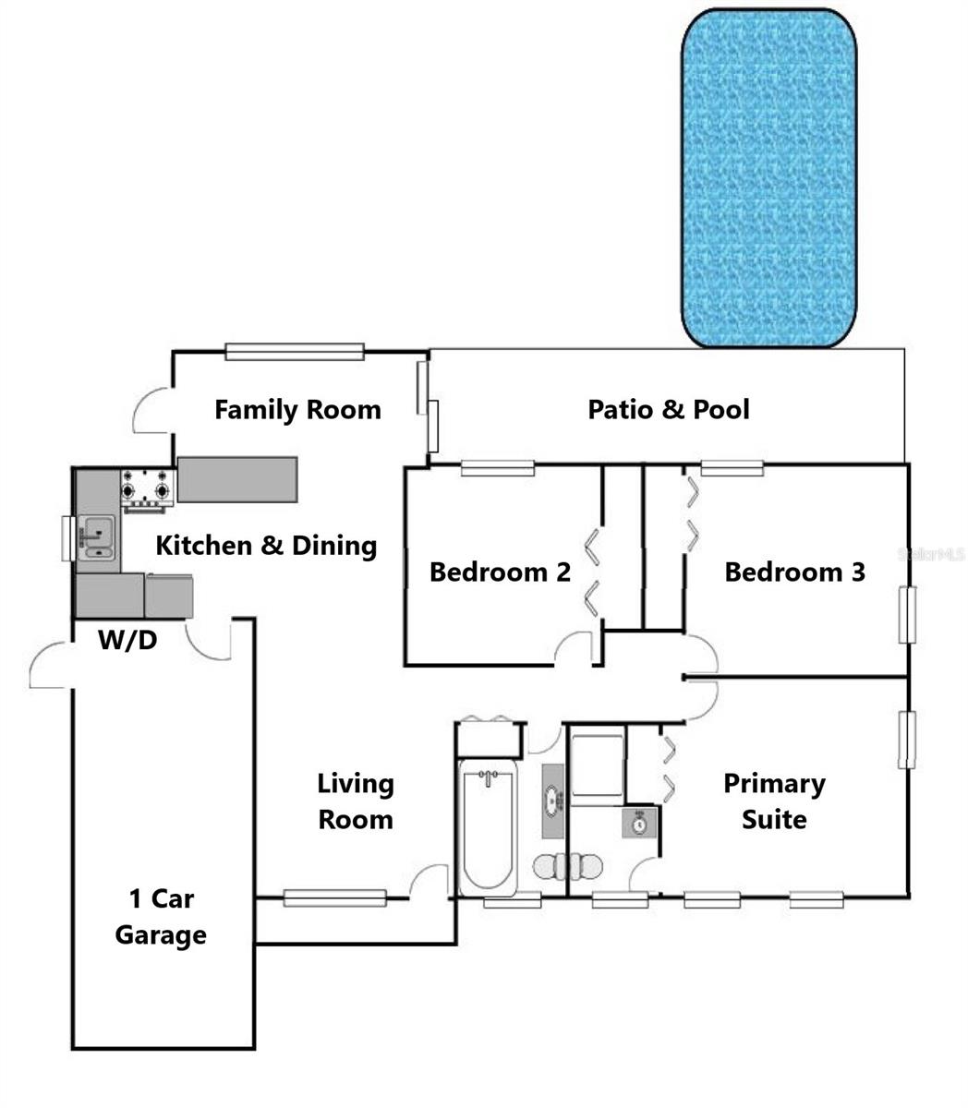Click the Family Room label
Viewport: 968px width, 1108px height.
[x=297, y=410]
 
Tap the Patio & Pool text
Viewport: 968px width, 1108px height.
[x=669, y=409]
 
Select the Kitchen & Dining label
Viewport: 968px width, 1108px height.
[x=266, y=545]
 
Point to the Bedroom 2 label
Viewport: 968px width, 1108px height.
[x=500, y=572]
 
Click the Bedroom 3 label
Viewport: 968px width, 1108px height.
[x=794, y=572]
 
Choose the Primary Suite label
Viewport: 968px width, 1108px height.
[x=774, y=801]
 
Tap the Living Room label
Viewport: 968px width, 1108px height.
[x=356, y=801]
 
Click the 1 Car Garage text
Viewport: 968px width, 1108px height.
[x=161, y=916]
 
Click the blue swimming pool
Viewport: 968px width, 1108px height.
[x=768, y=177]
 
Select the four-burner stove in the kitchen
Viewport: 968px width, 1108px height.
[x=148, y=488]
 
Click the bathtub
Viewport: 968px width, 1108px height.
[x=489, y=827]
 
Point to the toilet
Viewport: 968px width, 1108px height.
[x=567, y=866]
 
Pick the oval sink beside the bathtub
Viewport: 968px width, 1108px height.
[x=553, y=801]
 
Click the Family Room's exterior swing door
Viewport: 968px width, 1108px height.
[x=151, y=412]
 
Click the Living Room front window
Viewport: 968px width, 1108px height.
[x=334, y=897]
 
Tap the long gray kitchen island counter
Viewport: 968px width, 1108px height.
[x=237, y=479]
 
